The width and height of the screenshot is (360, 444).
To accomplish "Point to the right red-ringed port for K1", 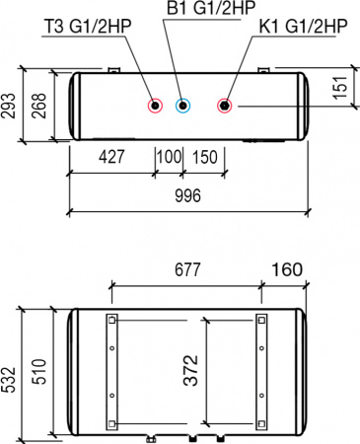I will tap(226, 107).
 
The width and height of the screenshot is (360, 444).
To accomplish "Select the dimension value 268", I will tap(37, 108).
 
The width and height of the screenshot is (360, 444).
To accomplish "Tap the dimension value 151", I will tap(342, 89).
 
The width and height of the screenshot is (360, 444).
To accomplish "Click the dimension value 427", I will tap(111, 159).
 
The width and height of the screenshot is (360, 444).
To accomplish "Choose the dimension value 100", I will tap(169, 159).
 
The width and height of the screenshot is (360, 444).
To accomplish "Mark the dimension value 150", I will tap(204, 159).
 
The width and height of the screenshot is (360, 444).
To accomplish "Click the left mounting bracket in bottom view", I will tap(112, 371).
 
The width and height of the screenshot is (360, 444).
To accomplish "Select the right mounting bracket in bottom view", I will tap(261, 371).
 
